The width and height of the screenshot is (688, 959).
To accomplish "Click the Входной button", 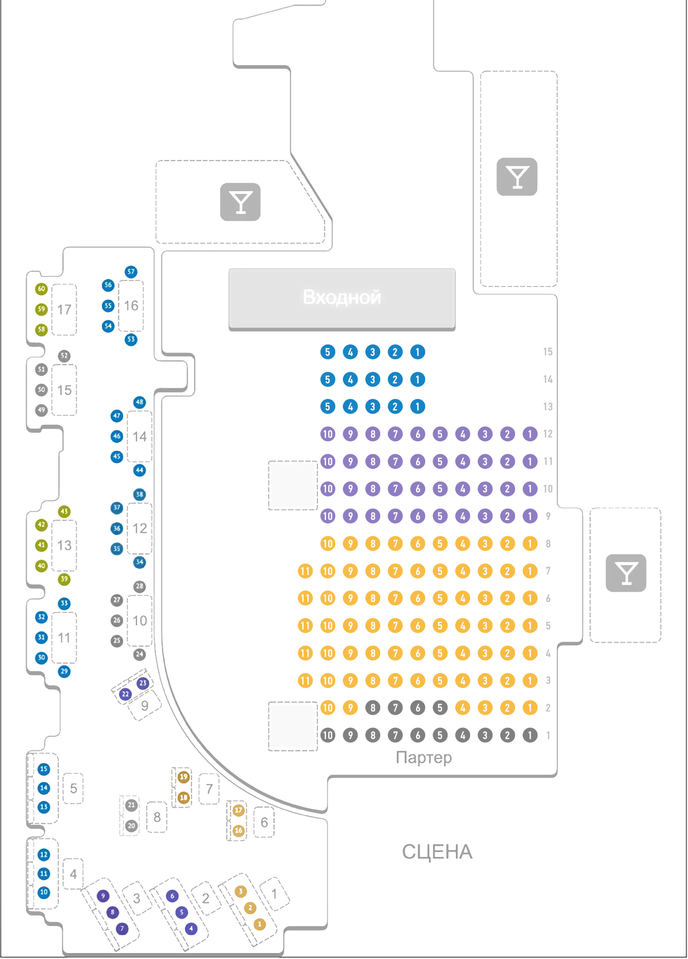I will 342,298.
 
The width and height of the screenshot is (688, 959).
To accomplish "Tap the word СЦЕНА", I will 437,852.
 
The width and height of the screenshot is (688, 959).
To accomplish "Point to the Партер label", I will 423,757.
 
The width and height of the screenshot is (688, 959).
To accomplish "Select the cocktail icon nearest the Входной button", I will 240,202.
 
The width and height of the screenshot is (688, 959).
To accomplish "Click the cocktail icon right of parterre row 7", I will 626,573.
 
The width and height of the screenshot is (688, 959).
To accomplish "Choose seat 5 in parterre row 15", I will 327,352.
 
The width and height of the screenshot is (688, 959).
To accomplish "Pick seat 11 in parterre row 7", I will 305,571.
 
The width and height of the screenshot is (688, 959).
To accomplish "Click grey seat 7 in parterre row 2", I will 395,708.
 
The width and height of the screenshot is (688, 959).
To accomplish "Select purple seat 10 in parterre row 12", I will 327,434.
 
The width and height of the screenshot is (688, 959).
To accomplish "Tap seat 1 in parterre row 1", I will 530,735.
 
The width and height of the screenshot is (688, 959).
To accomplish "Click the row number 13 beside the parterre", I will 548,407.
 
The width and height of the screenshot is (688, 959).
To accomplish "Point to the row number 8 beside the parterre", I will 548,544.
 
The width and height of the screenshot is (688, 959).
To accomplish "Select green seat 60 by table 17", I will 41,289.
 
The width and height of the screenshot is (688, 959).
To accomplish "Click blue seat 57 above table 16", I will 131,271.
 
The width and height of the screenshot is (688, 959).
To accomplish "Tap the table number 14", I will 139,436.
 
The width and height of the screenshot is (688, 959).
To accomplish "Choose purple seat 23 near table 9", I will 143,683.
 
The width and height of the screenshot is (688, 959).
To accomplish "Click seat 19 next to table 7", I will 183,777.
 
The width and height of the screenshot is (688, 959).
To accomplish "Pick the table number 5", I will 73,788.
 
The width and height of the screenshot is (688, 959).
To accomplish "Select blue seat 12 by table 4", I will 44,854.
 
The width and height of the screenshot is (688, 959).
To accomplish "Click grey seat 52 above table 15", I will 64,356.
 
